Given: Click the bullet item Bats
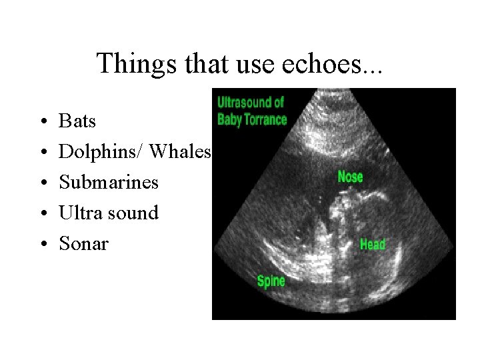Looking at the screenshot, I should [x=77, y=121].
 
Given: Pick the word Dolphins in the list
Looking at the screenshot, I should [x=99, y=152].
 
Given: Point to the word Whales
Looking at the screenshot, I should [x=180, y=152].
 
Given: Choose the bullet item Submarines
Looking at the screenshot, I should [x=109, y=182].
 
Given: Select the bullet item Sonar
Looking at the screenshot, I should [x=83, y=243].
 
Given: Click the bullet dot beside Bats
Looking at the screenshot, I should [x=42, y=122].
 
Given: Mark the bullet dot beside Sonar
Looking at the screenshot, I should [x=42, y=244].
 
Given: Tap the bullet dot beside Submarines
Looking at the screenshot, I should [x=42, y=183].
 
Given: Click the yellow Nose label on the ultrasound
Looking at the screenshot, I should [x=351, y=177].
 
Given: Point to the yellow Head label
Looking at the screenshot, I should [x=373, y=244].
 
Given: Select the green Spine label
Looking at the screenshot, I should [x=271, y=281].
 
